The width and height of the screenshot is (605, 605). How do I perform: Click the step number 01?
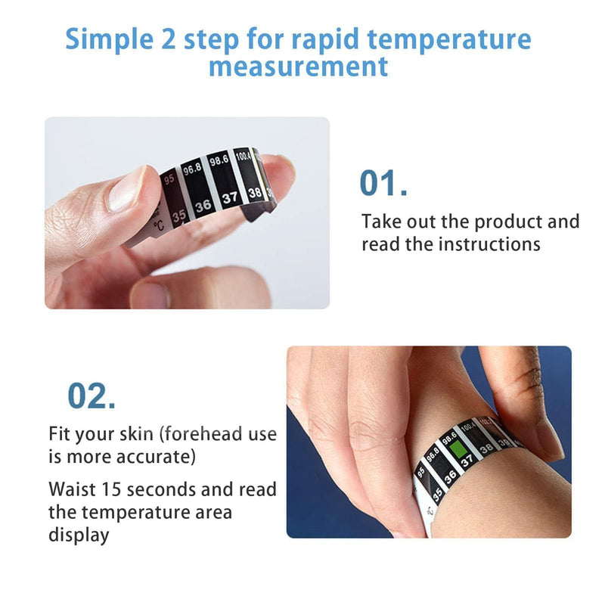pos(383,183)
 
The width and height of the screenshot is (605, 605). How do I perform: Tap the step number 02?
pos(92,396)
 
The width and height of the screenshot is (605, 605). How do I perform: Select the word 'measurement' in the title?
pos(298,66)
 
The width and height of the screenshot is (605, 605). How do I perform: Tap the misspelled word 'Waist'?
pos(73,489)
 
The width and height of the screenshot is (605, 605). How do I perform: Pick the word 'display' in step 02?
pos(79,535)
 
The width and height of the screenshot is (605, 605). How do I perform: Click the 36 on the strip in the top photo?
pos(203,206)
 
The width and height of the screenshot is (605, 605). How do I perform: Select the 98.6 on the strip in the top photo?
pos(219,161)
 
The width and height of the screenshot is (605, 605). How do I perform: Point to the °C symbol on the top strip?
pos(158,225)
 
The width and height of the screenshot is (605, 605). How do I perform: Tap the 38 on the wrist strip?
pos(486,448)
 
